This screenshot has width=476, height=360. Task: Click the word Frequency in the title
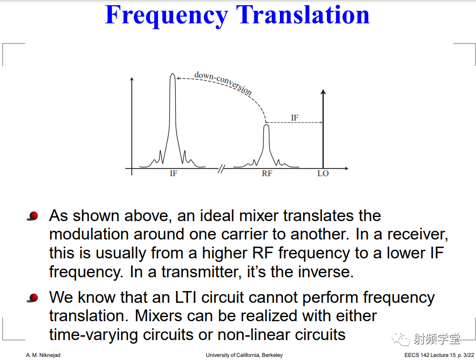pos(166,15)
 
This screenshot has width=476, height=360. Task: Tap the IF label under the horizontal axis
pos(173,173)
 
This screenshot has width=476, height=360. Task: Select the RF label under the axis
pos(267,173)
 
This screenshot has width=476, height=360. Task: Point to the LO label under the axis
pos(323,173)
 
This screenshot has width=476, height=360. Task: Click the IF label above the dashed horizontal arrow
pos(295,117)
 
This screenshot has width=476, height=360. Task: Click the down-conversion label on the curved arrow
pos(223,83)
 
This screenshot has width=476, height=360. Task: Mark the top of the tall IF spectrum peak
pos(173,74)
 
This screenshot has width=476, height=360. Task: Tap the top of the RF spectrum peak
pos(266,125)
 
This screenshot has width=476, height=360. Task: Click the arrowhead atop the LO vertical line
pos(323,91)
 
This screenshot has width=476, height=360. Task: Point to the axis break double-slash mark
pos(222,169)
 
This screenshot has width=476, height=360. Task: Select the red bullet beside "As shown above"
pos(33,216)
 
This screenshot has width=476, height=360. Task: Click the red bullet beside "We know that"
pos(33,298)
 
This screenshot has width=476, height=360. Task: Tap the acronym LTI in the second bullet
pos(186,297)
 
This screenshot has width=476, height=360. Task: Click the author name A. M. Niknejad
pos(43,355)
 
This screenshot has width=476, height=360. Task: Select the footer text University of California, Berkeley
pos(244,355)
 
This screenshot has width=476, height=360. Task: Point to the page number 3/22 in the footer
pos(469,355)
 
